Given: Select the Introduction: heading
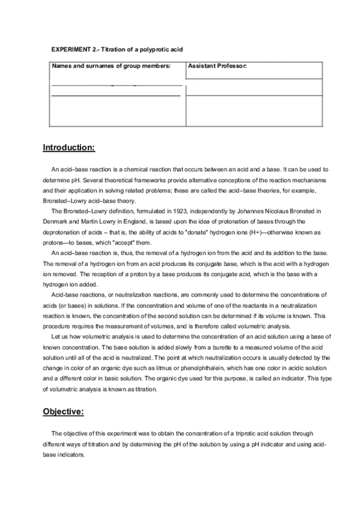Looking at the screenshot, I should (x=69, y=147).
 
